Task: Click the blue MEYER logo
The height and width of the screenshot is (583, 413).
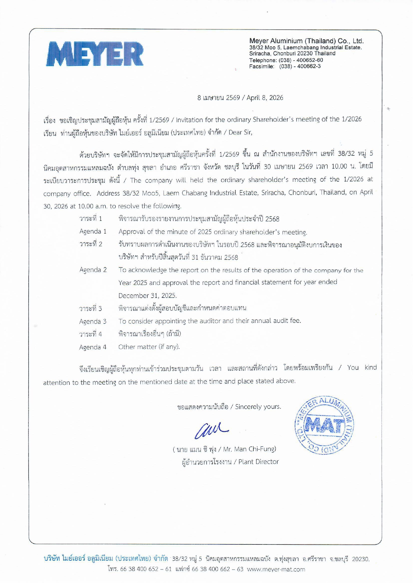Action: (x=95, y=54)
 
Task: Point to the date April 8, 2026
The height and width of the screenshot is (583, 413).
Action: (x=265, y=98)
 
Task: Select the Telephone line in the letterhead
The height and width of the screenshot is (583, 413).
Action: (x=286, y=60)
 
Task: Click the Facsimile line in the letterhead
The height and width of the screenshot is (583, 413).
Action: (x=285, y=66)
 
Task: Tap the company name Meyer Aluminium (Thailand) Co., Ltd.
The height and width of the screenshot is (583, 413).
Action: (x=306, y=41)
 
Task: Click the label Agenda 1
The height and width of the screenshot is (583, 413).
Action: (x=93, y=232)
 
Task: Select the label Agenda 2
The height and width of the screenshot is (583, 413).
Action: (x=93, y=270)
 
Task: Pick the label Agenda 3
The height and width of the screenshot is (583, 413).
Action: (x=93, y=321)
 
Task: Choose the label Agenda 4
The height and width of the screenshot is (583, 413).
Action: (x=93, y=347)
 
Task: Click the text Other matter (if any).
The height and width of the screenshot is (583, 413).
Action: (x=149, y=347)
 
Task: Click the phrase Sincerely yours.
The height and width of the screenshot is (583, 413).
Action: (x=258, y=407)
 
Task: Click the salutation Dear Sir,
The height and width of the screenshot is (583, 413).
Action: (x=240, y=132)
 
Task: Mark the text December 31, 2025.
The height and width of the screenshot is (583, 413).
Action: (x=147, y=296)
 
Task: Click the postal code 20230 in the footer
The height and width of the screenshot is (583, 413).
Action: (x=360, y=559)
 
